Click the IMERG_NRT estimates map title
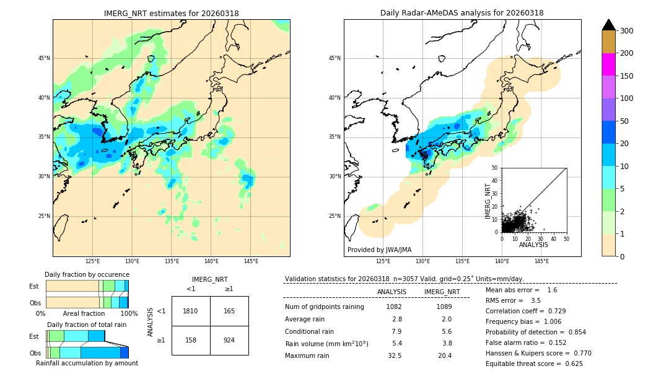coord(171,13)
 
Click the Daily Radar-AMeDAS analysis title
coord(462,13)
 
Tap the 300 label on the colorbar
coord(626,30)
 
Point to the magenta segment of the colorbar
coord(608,64)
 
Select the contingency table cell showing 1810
coord(191,311)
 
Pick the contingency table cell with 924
coord(229,340)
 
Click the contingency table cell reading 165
coord(229,311)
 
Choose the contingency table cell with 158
coord(191,340)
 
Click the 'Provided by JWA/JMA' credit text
coord(379,250)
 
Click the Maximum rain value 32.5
coord(394,355)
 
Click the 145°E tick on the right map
coord(541,261)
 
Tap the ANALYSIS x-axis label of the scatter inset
coord(533,245)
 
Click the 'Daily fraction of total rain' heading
coord(87,325)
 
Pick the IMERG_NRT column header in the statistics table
coord(442,292)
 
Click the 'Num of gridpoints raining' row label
coord(324,307)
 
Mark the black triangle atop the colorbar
coord(608,25)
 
